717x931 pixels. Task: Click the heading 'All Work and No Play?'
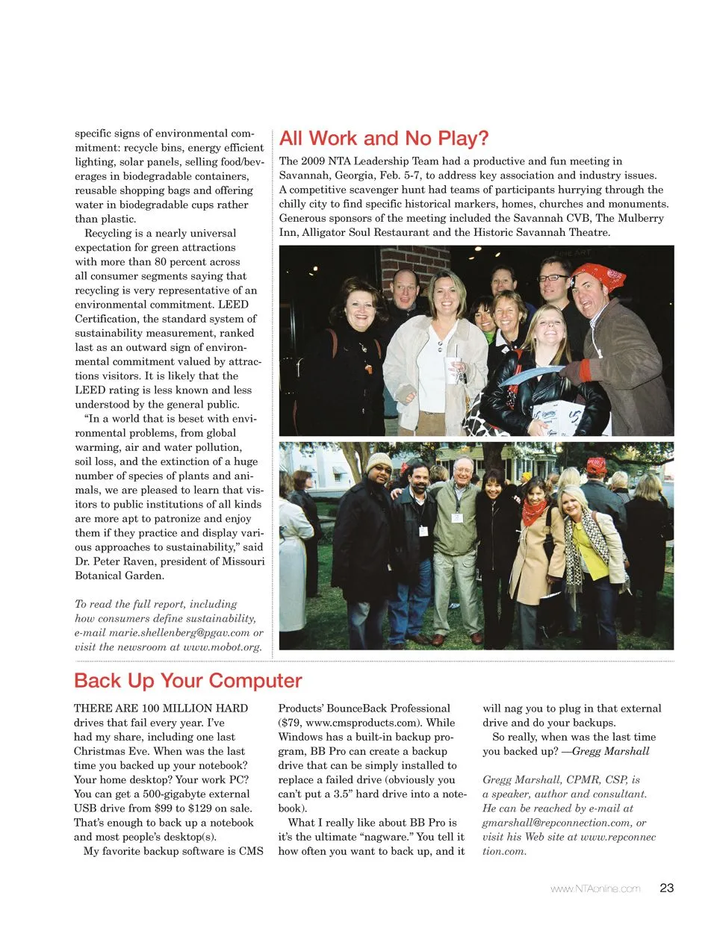(x=384, y=139)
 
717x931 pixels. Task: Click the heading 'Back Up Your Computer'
(x=187, y=681)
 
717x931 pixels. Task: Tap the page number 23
(x=667, y=888)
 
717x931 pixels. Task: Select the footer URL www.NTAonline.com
(x=595, y=888)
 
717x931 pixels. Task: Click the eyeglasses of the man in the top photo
(x=553, y=278)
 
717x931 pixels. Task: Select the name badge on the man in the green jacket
(x=456, y=517)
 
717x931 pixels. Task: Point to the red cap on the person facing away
(x=596, y=467)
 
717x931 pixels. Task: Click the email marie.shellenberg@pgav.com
(x=179, y=632)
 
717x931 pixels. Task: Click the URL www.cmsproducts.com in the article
(x=370, y=723)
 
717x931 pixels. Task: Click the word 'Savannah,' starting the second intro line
(x=302, y=175)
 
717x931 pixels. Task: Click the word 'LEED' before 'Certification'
(x=233, y=305)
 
